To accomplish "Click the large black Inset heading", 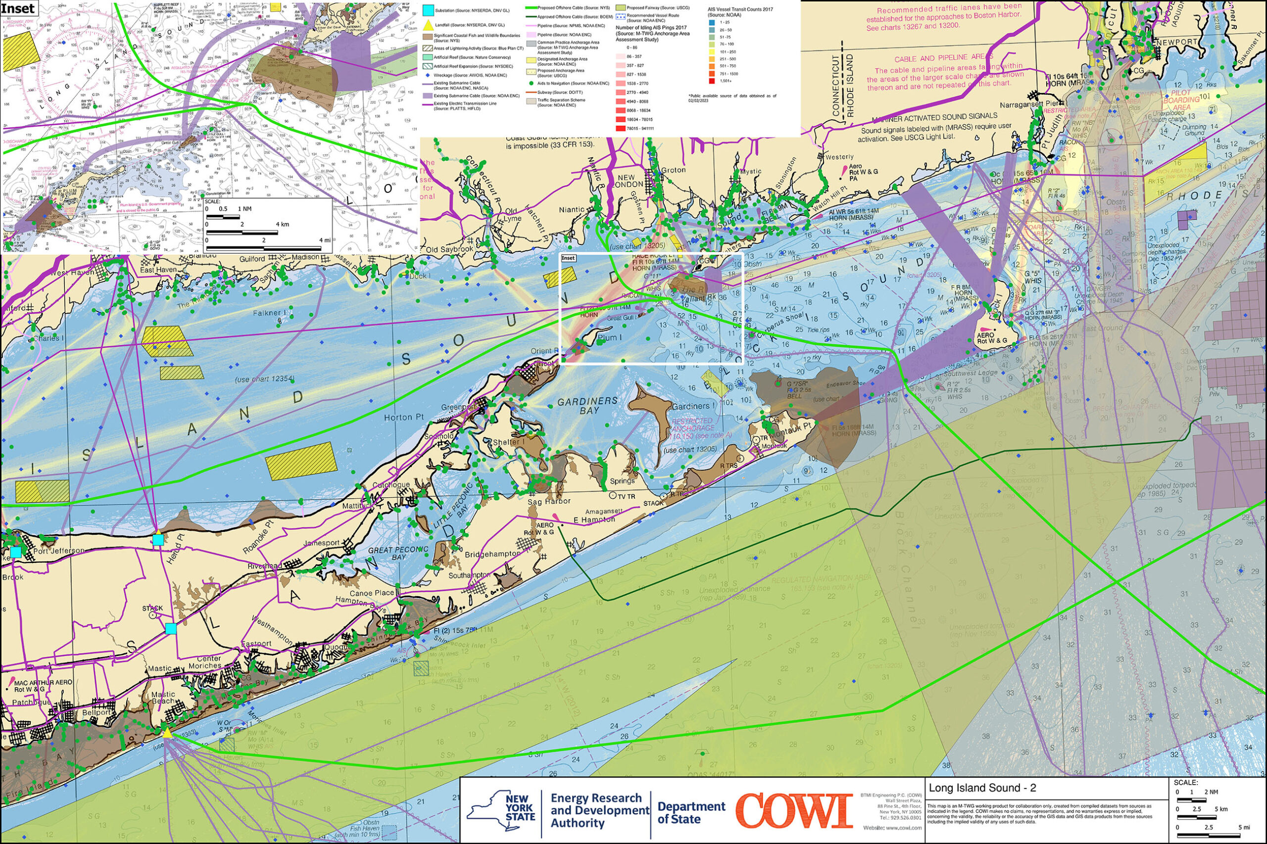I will coord(18,8).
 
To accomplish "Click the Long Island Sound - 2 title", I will coord(982,788).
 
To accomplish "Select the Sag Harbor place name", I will coord(549,502).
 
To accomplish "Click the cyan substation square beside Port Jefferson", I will coord(16,552).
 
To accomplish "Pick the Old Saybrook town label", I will coord(449,250).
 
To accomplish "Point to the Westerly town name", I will coord(839,157).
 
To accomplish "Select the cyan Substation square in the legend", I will coord(428,10).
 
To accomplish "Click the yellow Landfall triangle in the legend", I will coord(428,25).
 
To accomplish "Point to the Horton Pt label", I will coord(404,417).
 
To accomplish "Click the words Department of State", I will coord(691,813).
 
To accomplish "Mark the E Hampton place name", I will coord(594,519).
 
